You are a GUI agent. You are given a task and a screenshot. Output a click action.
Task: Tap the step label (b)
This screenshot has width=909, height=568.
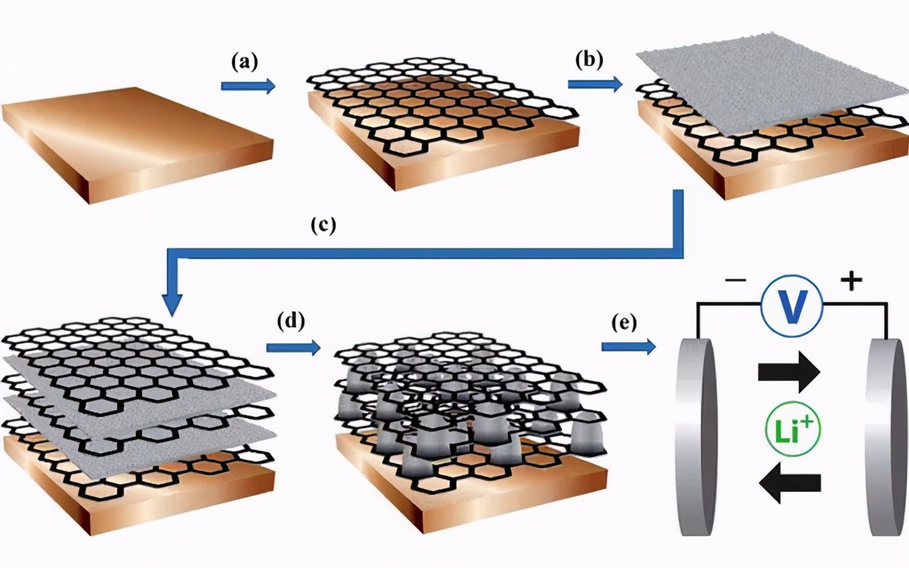coord(589,59)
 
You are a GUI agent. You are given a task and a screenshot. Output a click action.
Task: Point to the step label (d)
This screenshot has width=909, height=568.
coord(290,322)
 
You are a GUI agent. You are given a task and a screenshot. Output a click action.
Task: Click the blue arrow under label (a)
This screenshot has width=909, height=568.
coord(248,87)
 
